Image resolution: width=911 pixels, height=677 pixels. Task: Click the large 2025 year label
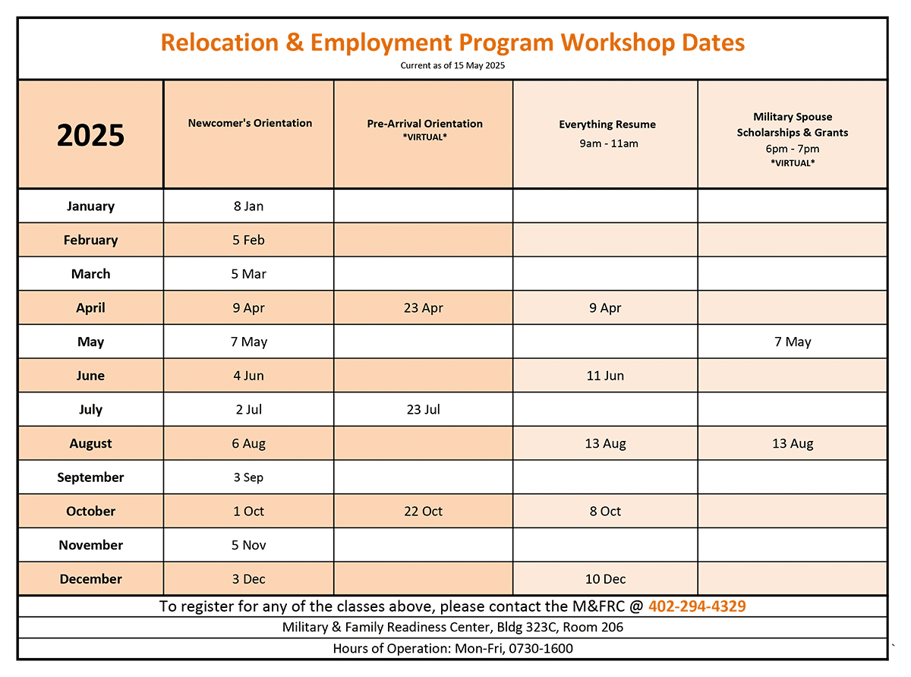pyautogui.click(x=90, y=135)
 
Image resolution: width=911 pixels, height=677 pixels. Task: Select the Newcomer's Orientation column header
pyautogui.click(x=250, y=123)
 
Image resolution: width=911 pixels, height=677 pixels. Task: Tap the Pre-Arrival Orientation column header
pyautogui.click(x=424, y=124)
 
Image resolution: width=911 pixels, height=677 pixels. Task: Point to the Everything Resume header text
pyautogui.click(x=607, y=124)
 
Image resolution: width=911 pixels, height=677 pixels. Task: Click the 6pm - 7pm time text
pyautogui.click(x=793, y=149)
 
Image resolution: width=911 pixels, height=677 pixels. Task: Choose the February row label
pyautogui.click(x=90, y=240)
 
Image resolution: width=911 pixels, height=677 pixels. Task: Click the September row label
pyautogui.click(x=90, y=477)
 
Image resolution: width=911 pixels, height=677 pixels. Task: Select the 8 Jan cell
pyautogui.click(x=249, y=206)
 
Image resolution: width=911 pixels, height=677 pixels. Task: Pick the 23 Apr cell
pyautogui.click(x=424, y=308)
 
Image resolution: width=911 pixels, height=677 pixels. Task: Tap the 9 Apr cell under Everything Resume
pyautogui.click(x=605, y=308)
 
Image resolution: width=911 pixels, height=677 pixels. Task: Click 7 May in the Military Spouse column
pyautogui.click(x=793, y=342)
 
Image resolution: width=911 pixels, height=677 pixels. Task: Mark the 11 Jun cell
pyautogui.click(x=605, y=376)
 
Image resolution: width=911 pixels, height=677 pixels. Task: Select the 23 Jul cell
pyautogui.click(x=424, y=410)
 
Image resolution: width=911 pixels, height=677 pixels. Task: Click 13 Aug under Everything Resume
pyautogui.click(x=605, y=444)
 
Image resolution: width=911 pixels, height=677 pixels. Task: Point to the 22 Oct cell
pyautogui.click(x=424, y=512)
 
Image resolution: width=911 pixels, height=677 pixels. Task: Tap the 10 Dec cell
pyautogui.click(x=605, y=579)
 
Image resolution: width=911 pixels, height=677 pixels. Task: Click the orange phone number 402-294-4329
pyautogui.click(x=697, y=606)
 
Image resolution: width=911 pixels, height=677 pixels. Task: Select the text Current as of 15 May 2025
pyautogui.click(x=452, y=66)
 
